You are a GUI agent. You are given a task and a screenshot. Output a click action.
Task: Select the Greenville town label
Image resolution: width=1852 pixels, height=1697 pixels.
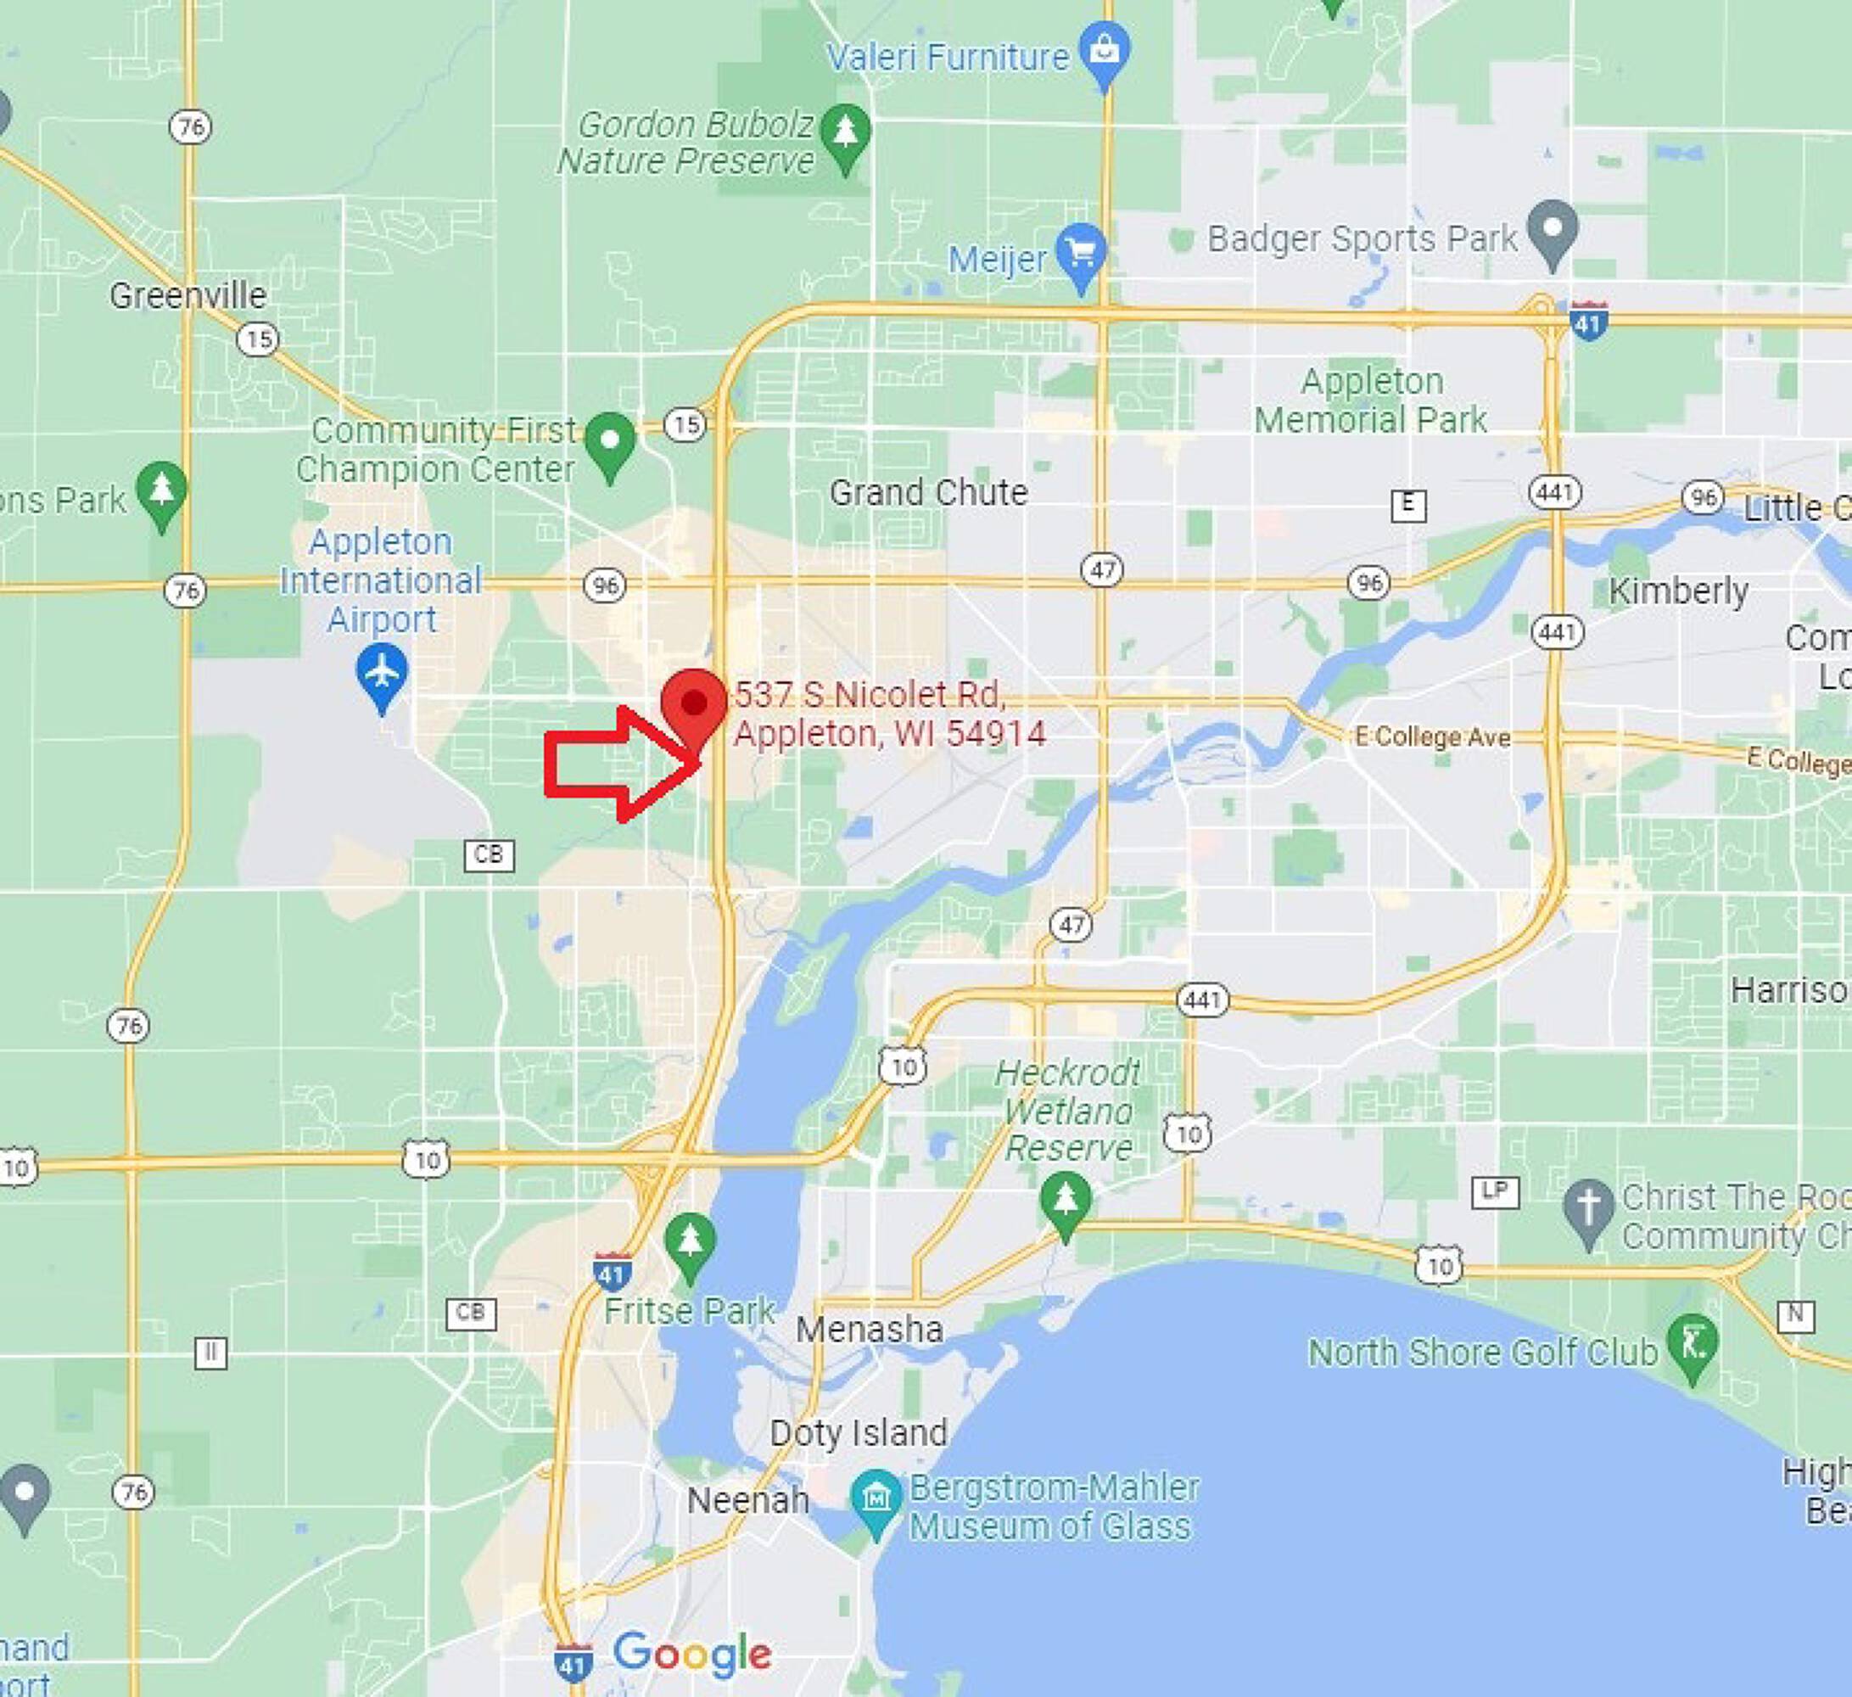(x=187, y=296)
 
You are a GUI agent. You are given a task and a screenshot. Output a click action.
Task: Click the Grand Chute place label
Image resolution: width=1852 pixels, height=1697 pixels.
(x=928, y=492)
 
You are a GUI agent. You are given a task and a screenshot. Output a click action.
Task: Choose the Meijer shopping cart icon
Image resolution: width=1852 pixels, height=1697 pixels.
(x=1081, y=253)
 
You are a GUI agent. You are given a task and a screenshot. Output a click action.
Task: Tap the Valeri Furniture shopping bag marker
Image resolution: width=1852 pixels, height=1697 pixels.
(x=1105, y=53)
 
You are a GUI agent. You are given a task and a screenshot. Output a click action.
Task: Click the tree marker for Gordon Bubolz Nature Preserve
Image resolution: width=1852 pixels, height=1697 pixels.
(x=845, y=133)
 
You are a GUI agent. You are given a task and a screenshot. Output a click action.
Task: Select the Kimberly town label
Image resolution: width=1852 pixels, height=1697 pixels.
(x=1677, y=591)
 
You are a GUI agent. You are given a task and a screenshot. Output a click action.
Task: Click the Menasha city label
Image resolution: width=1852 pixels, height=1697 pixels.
(x=869, y=1330)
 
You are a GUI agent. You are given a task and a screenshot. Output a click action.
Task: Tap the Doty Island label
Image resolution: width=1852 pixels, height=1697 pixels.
(x=858, y=1432)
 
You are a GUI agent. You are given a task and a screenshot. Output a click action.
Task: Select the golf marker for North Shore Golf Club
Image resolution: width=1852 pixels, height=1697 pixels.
(x=1692, y=1343)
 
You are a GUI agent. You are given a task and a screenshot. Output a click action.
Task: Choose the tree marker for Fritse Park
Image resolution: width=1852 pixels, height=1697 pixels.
(x=690, y=1241)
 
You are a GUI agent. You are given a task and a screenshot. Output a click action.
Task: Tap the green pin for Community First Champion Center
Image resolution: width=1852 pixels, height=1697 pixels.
(x=610, y=442)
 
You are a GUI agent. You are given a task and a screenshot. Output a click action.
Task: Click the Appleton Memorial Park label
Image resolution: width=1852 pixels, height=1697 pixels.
(x=1371, y=400)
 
